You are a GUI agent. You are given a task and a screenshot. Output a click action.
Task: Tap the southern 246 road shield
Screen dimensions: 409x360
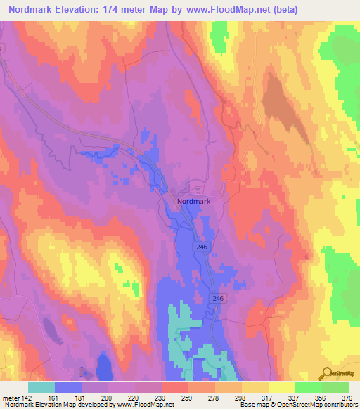(218, 299)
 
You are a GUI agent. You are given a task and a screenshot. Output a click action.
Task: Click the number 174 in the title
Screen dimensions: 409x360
(131, 10)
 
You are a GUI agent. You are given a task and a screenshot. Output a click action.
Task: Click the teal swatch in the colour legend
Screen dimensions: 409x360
(41, 387)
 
